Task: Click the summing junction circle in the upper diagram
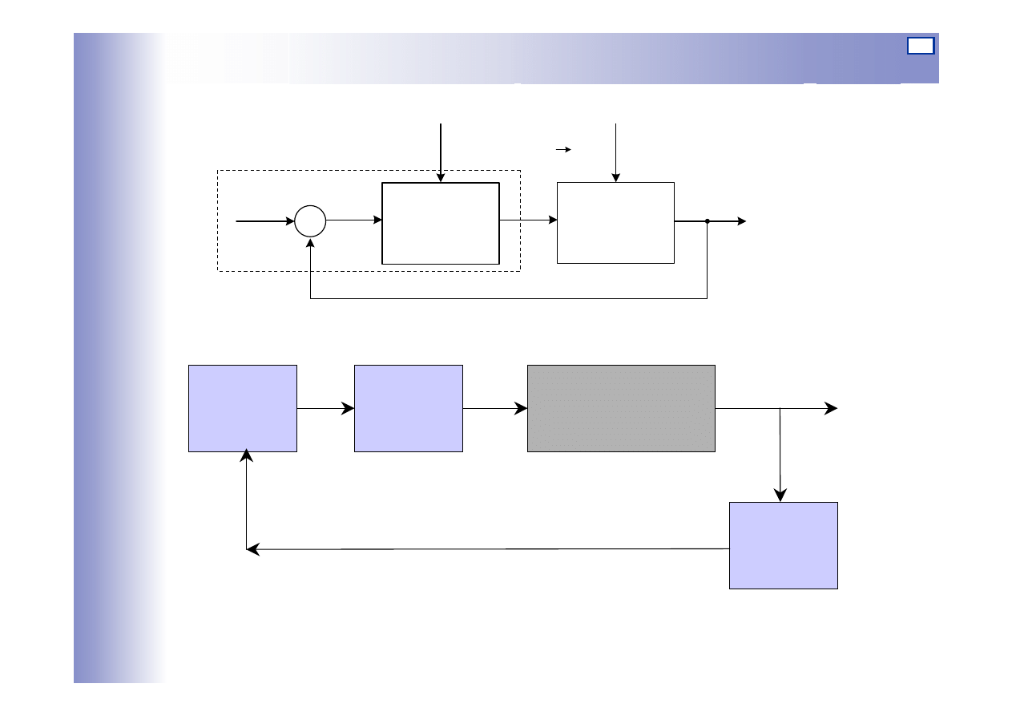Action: point(310,221)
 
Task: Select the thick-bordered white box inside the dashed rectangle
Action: point(441,223)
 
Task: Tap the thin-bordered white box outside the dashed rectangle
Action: point(615,222)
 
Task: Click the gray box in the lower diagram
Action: point(621,408)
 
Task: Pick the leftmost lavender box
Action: point(243,408)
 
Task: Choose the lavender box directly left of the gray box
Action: point(409,408)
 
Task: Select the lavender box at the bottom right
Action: point(784,545)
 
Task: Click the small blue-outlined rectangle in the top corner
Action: point(921,46)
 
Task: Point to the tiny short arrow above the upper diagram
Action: point(563,150)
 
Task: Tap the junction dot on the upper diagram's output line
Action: point(708,221)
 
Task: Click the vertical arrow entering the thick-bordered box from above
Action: point(441,152)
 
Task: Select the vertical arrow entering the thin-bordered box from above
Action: point(615,152)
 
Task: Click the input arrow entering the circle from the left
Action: point(265,221)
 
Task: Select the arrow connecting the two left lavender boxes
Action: point(325,408)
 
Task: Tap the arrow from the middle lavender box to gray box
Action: point(495,408)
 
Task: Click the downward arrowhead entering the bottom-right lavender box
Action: point(780,495)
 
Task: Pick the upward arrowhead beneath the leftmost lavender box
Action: point(247,456)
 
